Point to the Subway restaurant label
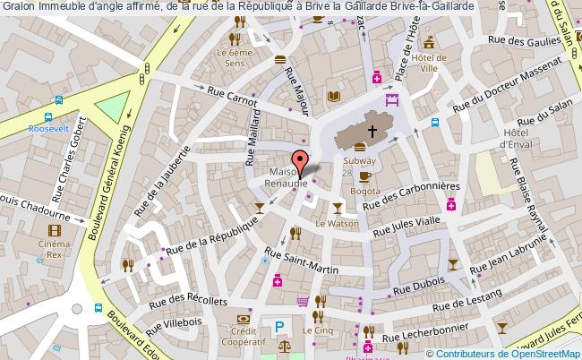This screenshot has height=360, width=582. click(x=360, y=161)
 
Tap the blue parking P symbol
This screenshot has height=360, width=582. click(x=280, y=328)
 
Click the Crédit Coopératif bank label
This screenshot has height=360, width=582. click(x=244, y=337)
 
